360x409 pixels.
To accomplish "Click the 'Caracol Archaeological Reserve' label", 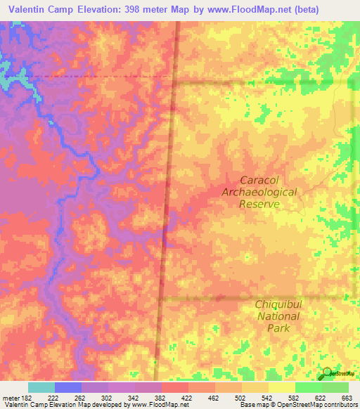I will (259, 191).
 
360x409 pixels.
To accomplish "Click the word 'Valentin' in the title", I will (32, 10).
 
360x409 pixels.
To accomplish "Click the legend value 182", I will (27, 398).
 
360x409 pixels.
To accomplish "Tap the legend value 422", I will (188, 398).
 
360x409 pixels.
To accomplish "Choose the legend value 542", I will (267, 398).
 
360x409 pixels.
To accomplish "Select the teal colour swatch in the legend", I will (41, 387).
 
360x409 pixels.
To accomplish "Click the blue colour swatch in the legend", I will (67, 387).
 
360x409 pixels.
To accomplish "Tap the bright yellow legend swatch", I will (281, 387).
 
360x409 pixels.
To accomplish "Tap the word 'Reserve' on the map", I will (259, 204).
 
